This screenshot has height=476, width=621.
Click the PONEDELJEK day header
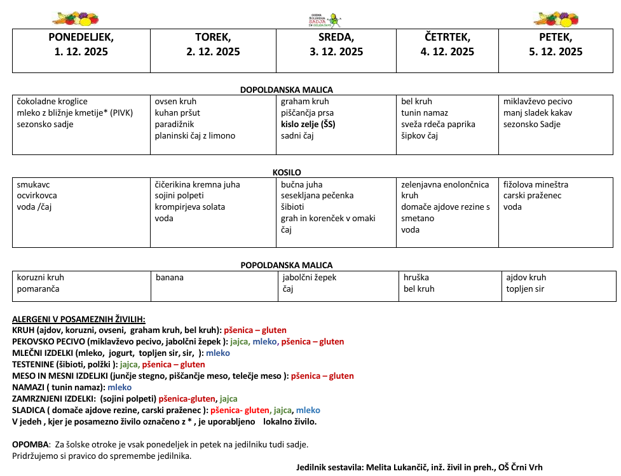81,37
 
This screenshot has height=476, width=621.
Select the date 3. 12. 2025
336,52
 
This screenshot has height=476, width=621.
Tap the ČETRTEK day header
447,37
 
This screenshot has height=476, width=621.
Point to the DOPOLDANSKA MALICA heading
286,90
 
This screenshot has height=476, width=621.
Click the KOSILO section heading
287,172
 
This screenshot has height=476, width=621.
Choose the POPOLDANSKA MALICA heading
286,265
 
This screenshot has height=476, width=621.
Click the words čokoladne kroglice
52,102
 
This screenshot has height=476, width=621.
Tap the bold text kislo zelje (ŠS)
308,125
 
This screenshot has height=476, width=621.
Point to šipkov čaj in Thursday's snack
420,136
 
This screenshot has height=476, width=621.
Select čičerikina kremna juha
198,185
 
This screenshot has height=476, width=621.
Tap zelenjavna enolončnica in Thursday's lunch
445,185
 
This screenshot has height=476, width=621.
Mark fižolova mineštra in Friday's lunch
536,185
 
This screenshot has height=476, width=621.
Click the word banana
170,278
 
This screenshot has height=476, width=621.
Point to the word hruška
416,278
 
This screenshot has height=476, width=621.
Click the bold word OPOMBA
31,444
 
